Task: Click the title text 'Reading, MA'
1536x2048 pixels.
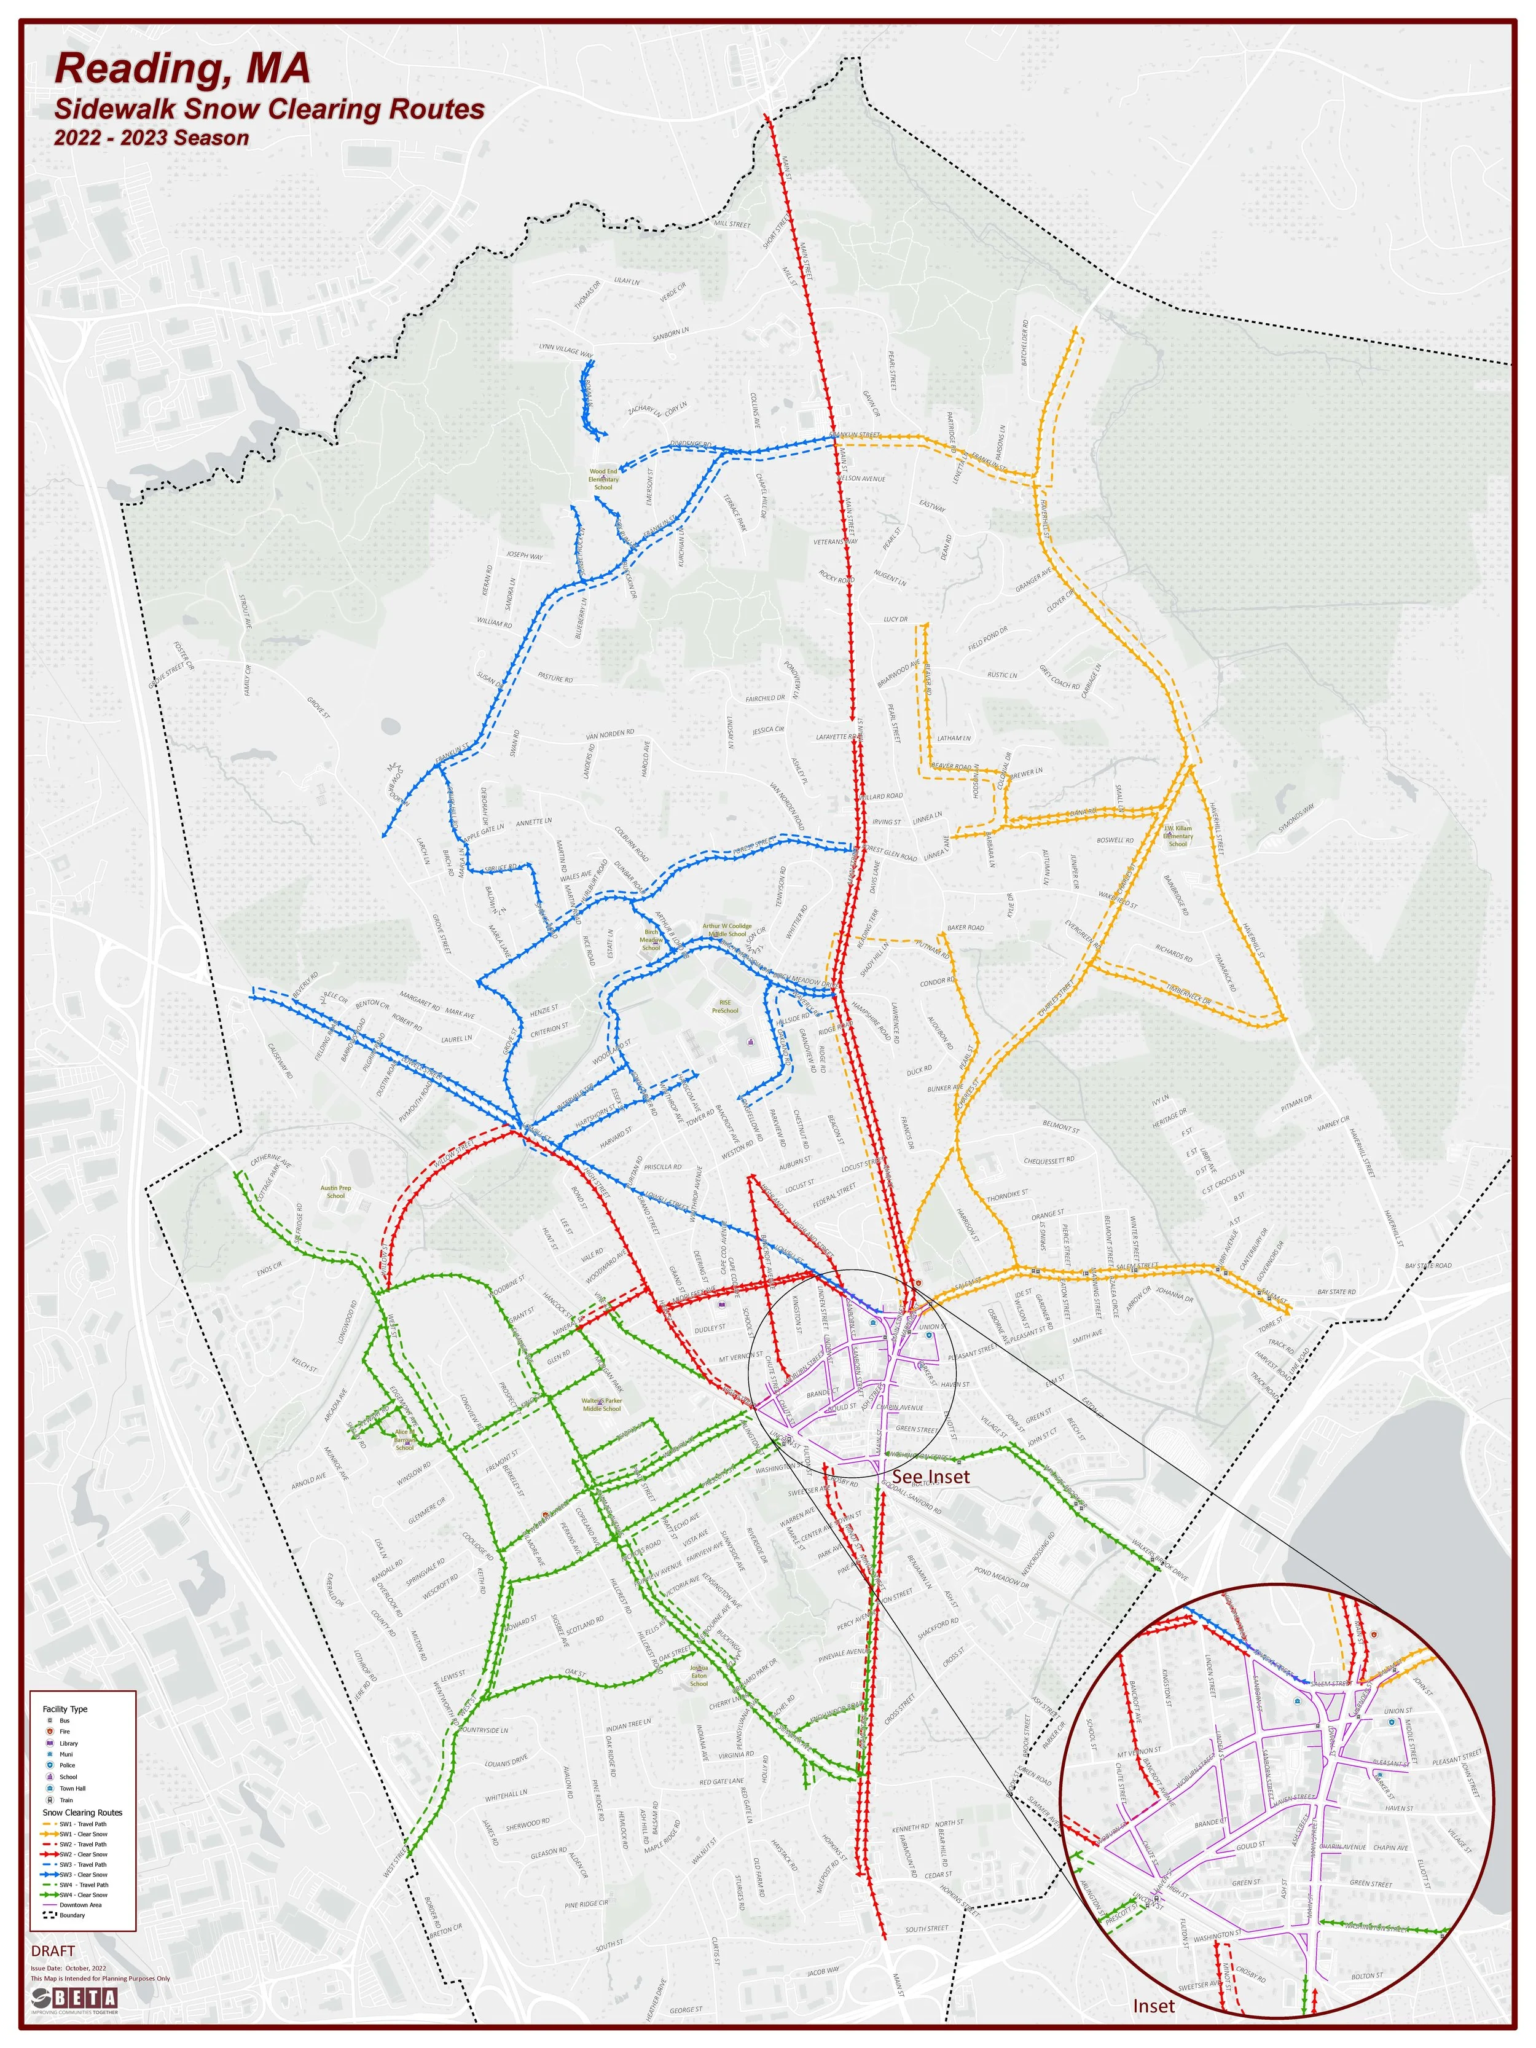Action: [x=182, y=69]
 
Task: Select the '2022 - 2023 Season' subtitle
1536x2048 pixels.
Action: [x=151, y=138]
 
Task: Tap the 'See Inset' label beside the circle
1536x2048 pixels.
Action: [x=930, y=1476]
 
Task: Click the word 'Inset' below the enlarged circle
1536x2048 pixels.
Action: [x=1154, y=2006]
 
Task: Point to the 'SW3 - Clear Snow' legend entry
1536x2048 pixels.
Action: [x=84, y=1875]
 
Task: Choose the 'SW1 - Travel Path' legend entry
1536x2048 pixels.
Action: [x=84, y=1824]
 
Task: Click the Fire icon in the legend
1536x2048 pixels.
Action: [x=50, y=1732]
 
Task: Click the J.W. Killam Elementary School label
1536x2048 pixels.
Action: [x=1178, y=835]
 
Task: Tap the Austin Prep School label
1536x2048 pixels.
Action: [x=335, y=1191]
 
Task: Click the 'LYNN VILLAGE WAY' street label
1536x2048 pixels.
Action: [x=566, y=349]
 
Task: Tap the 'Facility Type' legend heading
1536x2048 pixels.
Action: [x=65, y=1709]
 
